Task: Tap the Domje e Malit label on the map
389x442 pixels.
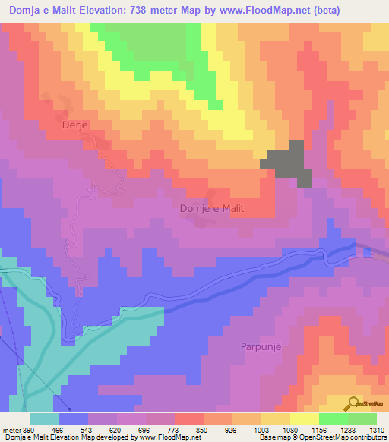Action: click(215, 208)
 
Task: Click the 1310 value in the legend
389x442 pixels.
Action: click(376, 429)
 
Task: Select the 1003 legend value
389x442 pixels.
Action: click(261, 429)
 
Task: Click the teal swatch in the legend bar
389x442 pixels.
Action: click(45, 418)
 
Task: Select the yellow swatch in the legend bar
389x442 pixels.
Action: click(305, 418)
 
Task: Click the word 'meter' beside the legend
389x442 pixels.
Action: click(11, 429)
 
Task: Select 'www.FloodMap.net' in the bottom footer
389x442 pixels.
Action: click(165, 437)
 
